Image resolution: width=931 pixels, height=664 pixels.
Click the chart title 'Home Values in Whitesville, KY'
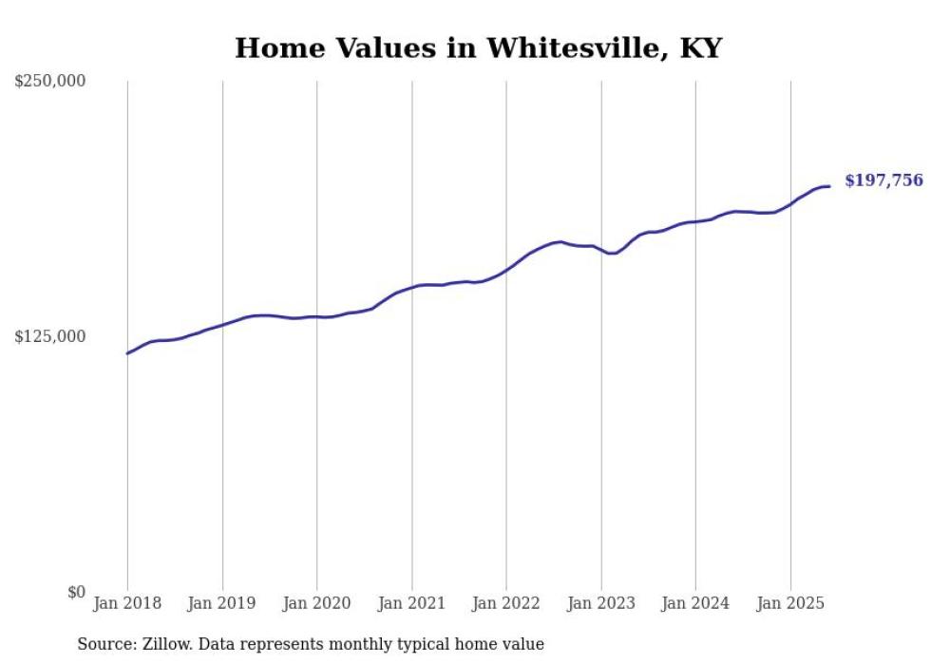(x=478, y=48)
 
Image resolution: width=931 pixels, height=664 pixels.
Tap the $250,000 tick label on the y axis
(x=50, y=81)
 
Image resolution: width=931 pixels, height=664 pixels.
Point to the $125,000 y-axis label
(x=50, y=336)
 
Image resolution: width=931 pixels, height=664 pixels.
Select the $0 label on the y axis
(x=76, y=592)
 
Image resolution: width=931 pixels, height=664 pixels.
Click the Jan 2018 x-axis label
(x=127, y=603)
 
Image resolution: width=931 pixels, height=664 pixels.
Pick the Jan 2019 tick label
(x=222, y=603)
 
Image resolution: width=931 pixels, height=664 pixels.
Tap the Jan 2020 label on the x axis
(x=316, y=603)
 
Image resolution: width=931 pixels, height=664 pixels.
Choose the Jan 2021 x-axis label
(x=411, y=603)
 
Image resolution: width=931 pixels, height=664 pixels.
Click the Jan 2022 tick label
(x=506, y=603)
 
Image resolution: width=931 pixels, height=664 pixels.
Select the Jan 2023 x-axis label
(x=600, y=603)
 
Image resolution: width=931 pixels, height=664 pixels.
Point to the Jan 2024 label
(x=695, y=603)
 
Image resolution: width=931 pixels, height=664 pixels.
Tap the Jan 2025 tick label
(x=790, y=603)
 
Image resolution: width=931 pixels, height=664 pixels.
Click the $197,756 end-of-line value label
(x=883, y=180)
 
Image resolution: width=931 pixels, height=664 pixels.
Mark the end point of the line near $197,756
(x=829, y=186)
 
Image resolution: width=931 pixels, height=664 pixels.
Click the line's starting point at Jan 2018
(x=127, y=353)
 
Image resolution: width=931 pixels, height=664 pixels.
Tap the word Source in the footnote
(x=103, y=644)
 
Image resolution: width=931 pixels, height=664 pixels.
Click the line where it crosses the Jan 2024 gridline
(x=695, y=221)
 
